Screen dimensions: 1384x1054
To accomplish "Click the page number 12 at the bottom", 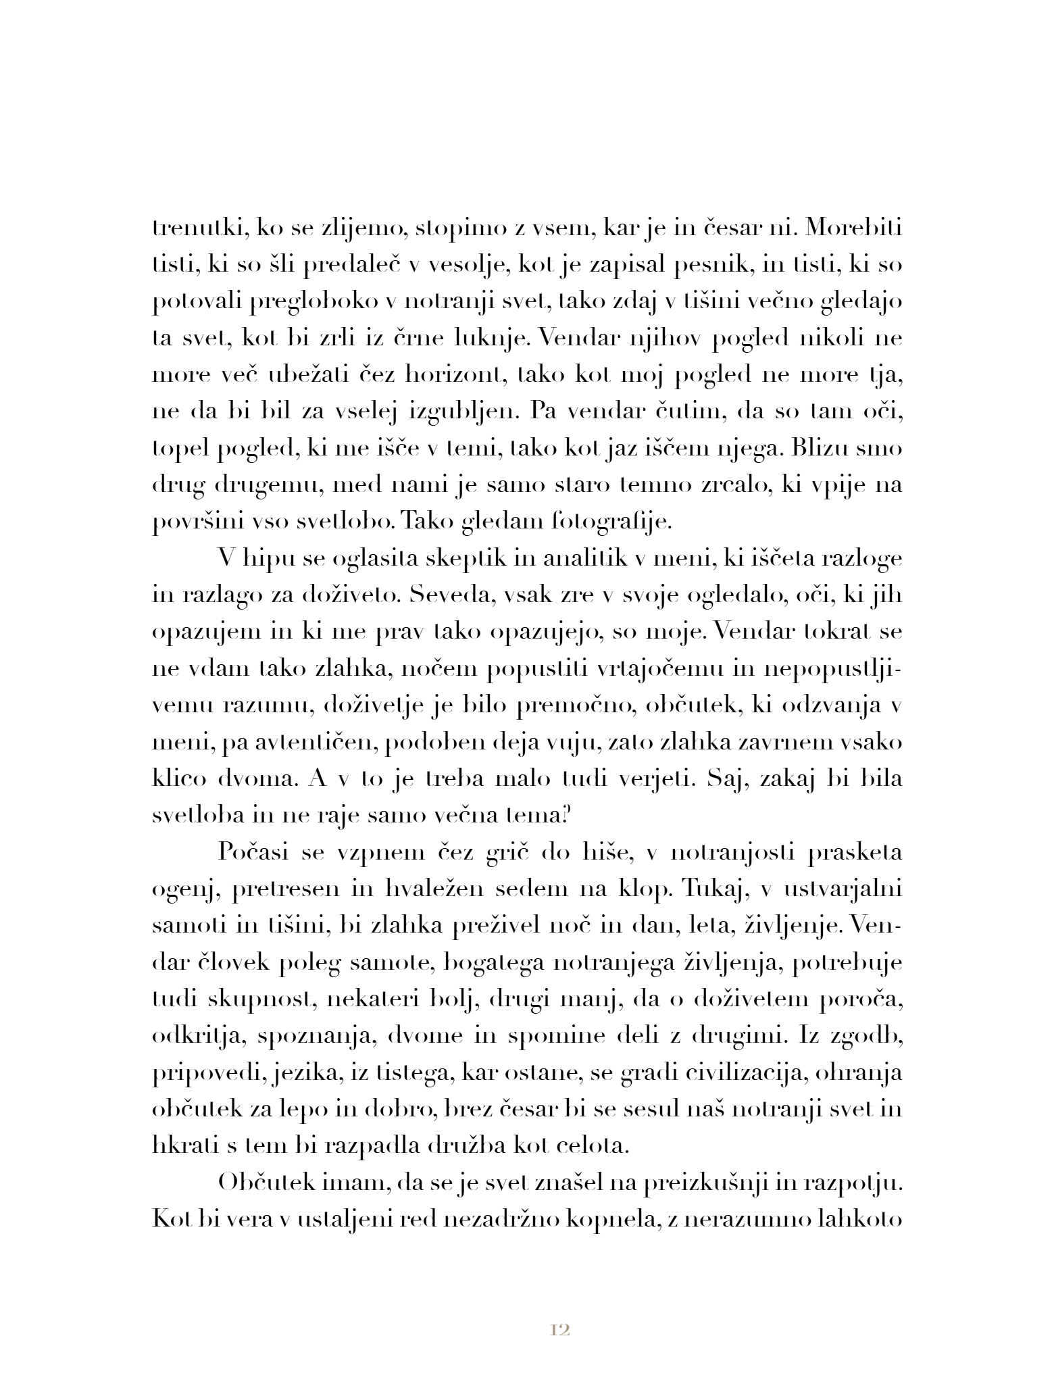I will click(561, 1330).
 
